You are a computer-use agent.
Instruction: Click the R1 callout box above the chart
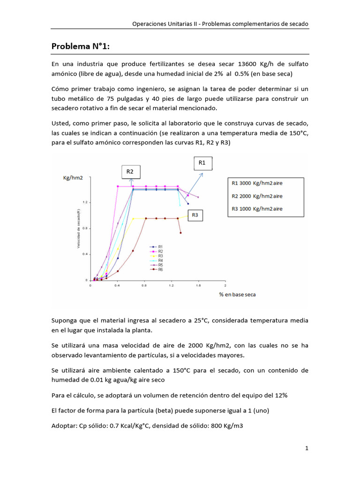[202, 163]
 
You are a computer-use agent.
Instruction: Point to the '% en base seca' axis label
[237, 294]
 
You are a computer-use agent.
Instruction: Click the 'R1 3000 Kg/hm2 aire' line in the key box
[257, 184]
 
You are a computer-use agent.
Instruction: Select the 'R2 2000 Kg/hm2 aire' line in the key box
[257, 196]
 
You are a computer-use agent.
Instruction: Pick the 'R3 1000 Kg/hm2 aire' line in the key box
[257, 208]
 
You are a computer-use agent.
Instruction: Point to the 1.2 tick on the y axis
[87, 202]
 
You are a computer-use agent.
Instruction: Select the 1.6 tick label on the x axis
[198, 285]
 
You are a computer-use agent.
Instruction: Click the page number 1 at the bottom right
[307, 448]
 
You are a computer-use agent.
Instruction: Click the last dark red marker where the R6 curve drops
[180, 233]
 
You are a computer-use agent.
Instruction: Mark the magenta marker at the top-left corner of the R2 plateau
[117, 186]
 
